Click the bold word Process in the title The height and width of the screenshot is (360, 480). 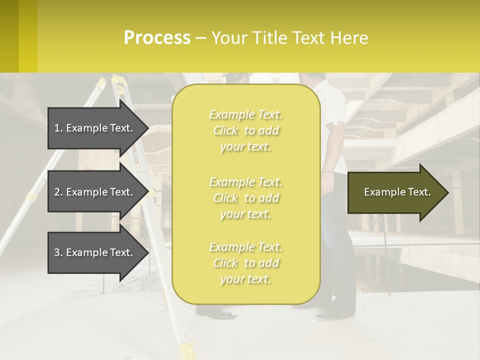point(157,38)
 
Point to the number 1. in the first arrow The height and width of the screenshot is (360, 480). point(58,128)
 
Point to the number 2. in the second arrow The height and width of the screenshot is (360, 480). point(58,192)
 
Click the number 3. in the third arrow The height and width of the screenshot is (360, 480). point(58,252)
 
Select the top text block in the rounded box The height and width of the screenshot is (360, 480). point(245,130)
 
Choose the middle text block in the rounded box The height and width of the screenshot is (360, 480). point(245,198)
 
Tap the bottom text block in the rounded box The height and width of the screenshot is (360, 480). point(245,263)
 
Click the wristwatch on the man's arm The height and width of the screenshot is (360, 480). point(327,171)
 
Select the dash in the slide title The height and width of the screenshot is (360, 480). point(200,38)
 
